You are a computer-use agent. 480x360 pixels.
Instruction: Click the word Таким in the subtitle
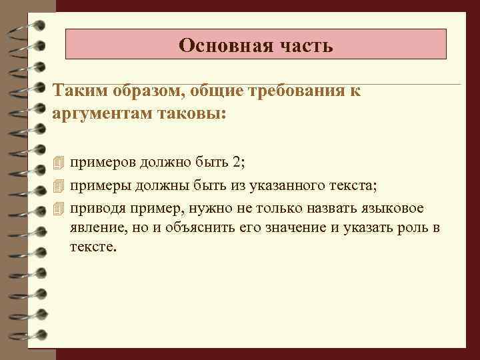coord(76,91)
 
